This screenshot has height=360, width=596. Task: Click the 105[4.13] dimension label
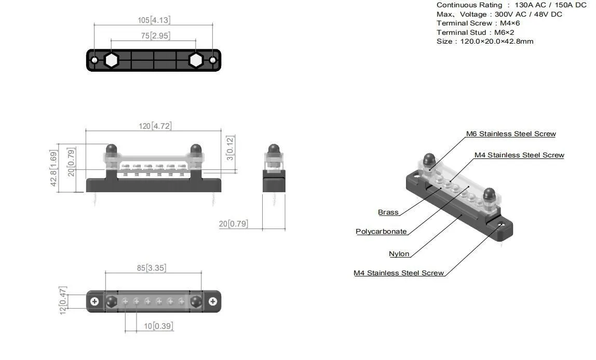click(154, 20)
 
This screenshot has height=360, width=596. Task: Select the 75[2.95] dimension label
click(154, 36)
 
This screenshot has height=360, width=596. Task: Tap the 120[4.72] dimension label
click(155, 126)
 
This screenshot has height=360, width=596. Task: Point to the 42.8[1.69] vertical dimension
click(54, 168)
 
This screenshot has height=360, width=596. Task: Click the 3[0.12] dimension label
click(231, 148)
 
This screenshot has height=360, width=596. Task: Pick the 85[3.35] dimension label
click(152, 268)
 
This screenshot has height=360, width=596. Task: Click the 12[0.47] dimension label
click(63, 300)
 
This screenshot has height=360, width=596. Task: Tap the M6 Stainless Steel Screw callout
click(510, 134)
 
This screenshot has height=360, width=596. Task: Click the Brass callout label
click(388, 212)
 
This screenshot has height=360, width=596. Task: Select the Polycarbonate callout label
click(381, 231)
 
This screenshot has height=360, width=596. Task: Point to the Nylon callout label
click(399, 254)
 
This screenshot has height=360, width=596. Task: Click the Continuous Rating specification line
click(511, 5)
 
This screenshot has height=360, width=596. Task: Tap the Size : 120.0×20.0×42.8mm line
click(485, 41)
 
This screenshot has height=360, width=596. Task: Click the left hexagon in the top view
click(111, 60)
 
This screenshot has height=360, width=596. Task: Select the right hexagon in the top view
click(195, 60)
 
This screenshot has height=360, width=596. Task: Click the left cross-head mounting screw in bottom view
click(94, 301)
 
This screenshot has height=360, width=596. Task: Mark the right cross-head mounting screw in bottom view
click(213, 301)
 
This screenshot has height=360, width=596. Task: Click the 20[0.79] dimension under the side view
click(233, 224)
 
